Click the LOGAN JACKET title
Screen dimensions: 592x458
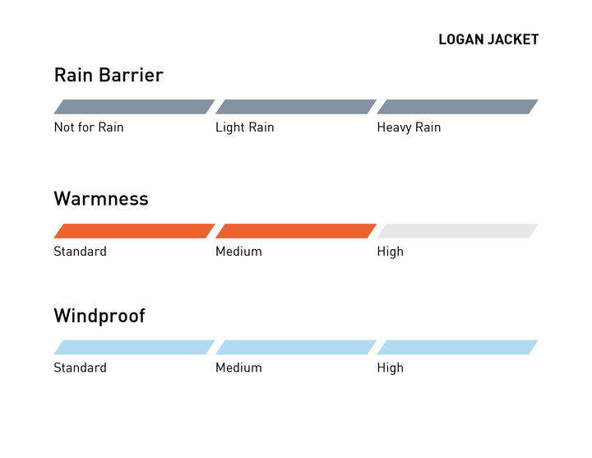click(488, 39)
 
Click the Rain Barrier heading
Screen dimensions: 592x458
click(109, 75)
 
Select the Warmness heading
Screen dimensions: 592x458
click(101, 199)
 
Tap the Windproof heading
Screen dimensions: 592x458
click(99, 317)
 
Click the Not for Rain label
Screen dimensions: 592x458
click(89, 127)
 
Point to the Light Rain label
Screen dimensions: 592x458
click(245, 127)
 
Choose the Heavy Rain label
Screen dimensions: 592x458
click(409, 127)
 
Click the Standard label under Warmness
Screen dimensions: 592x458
click(80, 252)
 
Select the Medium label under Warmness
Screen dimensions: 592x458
click(238, 252)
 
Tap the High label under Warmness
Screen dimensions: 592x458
click(391, 252)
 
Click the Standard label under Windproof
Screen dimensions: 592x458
click(80, 368)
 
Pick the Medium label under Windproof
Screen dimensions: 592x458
click(238, 368)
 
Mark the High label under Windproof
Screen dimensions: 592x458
click(391, 368)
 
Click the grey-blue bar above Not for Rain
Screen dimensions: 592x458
click(134, 107)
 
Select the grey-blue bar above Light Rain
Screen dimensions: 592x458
click(296, 107)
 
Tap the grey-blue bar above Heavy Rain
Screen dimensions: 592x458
click(458, 107)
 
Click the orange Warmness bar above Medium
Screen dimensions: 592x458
click(296, 231)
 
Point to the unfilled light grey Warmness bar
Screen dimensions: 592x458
click(458, 231)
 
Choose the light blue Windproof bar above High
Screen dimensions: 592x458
click(458, 347)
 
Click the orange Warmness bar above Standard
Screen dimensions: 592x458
click(134, 231)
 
